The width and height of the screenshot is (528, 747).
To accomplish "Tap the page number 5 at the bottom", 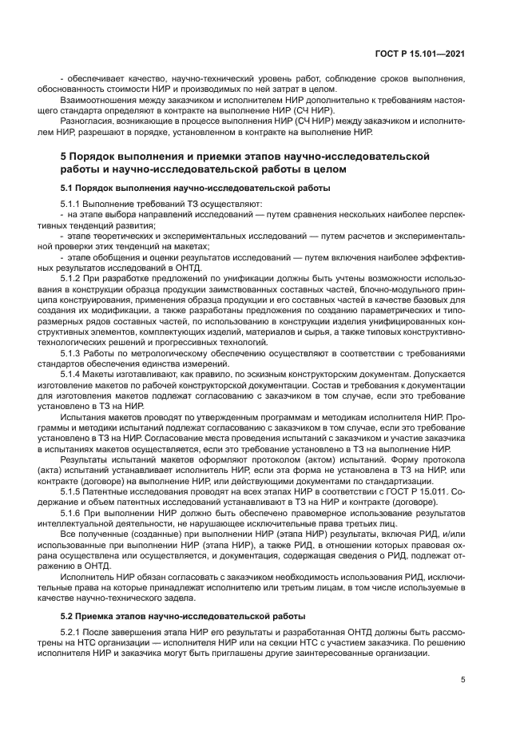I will [463, 680].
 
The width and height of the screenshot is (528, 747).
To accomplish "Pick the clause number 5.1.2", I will [73, 277].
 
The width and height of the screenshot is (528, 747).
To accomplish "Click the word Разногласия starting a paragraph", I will [85, 122].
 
